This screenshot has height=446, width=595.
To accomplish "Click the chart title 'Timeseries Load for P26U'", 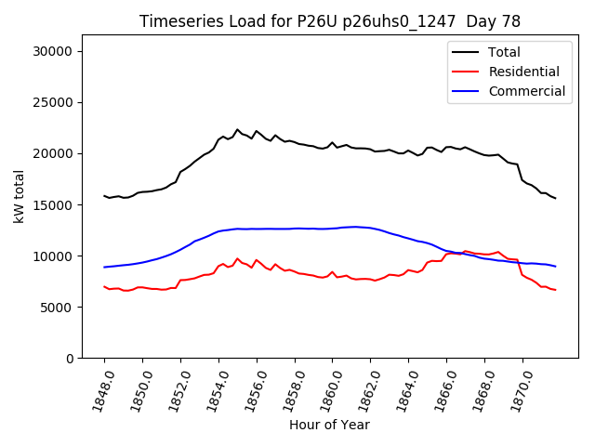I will point(329,21).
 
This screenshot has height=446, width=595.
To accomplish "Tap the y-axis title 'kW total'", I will point(20,197).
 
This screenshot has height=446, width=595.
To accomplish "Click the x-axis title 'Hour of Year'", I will point(329,425).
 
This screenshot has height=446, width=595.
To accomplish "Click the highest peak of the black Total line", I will point(237,130).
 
